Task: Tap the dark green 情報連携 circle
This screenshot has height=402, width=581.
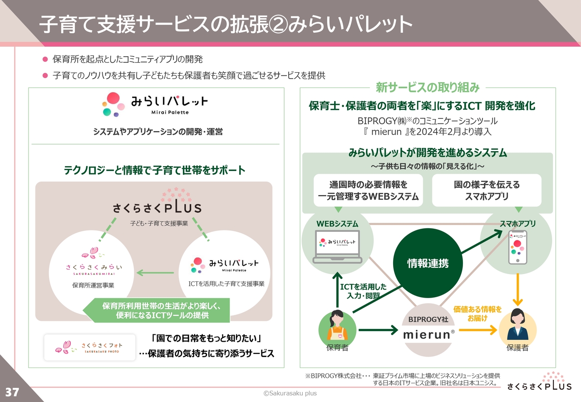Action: [428, 263]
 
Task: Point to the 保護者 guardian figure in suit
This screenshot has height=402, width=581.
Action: [517, 326]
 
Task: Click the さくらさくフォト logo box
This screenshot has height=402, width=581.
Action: [90, 347]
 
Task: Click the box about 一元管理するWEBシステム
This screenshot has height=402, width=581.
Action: [368, 191]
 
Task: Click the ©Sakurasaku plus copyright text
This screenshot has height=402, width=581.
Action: [290, 393]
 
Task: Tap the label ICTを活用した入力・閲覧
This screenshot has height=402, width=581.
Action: [363, 291]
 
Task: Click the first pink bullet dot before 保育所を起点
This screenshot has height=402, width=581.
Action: [45, 59]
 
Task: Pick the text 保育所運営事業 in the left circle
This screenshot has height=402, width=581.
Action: [93, 285]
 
